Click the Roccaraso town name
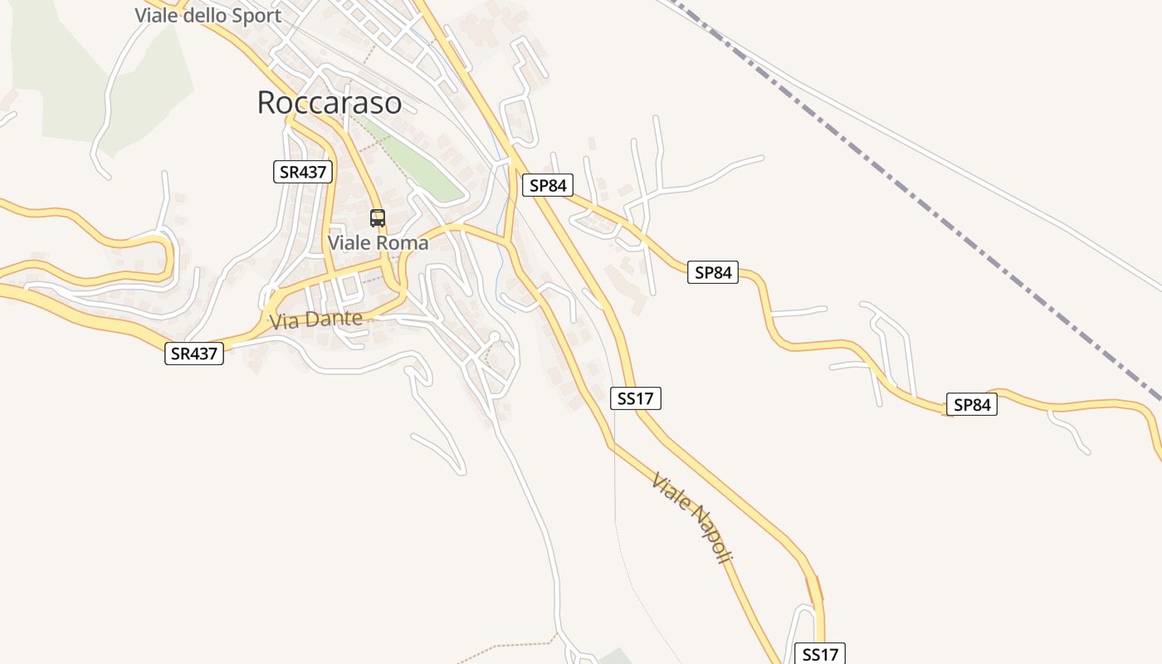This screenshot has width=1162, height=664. [329, 102]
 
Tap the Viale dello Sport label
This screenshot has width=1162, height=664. [207, 15]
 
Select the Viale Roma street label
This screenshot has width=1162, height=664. [378, 243]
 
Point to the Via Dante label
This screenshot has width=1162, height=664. [315, 320]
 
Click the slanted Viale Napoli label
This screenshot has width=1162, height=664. [691, 518]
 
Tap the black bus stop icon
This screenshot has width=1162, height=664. [378, 218]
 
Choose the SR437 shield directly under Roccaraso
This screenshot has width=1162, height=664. [303, 172]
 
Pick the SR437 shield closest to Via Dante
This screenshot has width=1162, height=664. [194, 354]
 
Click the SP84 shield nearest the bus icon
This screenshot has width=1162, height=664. [548, 185]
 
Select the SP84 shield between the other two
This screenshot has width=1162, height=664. [712, 272]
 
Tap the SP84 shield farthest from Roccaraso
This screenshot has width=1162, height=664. [971, 405]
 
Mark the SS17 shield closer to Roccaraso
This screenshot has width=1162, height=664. [636, 398]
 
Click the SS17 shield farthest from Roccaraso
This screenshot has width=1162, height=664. [820, 654]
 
